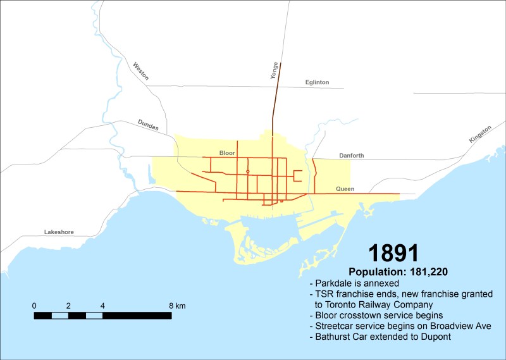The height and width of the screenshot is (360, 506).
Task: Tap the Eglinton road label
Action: [x=317, y=82]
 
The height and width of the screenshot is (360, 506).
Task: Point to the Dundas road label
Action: [x=149, y=125]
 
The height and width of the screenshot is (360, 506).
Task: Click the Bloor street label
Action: [x=227, y=153]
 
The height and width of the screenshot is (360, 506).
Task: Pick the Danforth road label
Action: [x=351, y=156]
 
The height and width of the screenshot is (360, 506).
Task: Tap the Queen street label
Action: [x=345, y=189]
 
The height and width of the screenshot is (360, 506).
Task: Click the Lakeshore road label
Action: [x=59, y=232]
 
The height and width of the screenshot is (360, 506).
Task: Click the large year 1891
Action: [x=393, y=253]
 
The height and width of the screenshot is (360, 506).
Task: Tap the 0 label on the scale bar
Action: [x=34, y=306]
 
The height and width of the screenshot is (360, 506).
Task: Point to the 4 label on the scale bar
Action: [x=102, y=306]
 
